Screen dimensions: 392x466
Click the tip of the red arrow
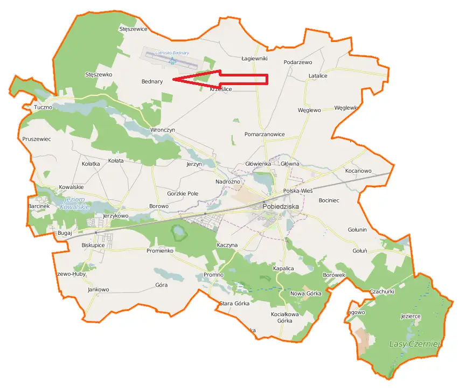(x=173, y=80)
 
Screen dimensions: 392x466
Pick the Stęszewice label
(x=133, y=29)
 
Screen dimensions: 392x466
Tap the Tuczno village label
(x=43, y=107)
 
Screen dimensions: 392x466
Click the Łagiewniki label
(x=254, y=58)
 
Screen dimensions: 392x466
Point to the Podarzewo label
(x=298, y=62)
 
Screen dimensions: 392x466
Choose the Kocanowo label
(x=358, y=171)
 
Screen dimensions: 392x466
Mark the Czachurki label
(x=382, y=291)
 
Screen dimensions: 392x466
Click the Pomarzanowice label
(x=265, y=134)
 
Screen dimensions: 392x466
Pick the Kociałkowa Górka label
(x=284, y=317)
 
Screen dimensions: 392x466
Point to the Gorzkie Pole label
(x=183, y=193)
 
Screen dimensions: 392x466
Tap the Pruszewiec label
(x=37, y=139)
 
